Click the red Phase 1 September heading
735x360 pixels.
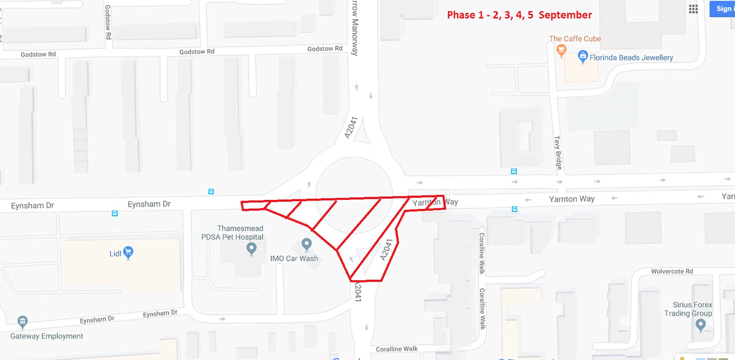tap(519, 15)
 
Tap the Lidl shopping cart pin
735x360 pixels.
tap(128, 252)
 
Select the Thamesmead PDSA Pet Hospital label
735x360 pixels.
tap(232, 233)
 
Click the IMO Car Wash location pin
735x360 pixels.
tap(306, 244)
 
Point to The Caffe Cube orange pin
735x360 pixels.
tap(561, 50)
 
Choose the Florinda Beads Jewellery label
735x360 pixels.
tap(631, 58)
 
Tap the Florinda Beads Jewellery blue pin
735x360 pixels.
tap(583, 57)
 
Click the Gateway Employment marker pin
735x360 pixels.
tap(22, 322)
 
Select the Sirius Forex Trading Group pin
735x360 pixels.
tap(700, 325)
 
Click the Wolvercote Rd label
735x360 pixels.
tap(672, 271)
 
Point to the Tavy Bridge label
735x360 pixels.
tap(558, 152)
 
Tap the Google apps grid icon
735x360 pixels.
tap(693, 9)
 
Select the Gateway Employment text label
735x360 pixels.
tap(47, 336)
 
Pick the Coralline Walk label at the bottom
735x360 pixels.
tap(397, 349)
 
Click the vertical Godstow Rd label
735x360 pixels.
tap(108, 22)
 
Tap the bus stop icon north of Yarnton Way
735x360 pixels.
tap(514, 171)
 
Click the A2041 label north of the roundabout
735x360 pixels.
tap(351, 128)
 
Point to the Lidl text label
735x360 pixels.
tap(115, 253)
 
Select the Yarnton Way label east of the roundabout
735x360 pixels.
tap(571, 199)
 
